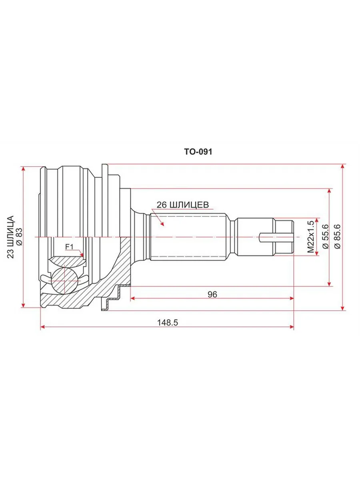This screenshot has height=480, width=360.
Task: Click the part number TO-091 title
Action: (x=198, y=152)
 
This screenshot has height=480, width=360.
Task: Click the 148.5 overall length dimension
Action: (x=168, y=322)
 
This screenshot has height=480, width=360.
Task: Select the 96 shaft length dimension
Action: (x=212, y=294)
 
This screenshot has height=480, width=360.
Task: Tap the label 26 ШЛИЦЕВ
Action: (x=183, y=205)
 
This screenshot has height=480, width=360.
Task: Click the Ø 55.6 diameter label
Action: (x=325, y=236)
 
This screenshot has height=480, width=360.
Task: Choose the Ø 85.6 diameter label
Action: (x=337, y=236)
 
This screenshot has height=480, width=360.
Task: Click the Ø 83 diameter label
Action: (x=19, y=237)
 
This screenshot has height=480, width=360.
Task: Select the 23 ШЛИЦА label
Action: (x=10, y=237)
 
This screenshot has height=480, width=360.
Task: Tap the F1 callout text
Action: (x=70, y=247)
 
